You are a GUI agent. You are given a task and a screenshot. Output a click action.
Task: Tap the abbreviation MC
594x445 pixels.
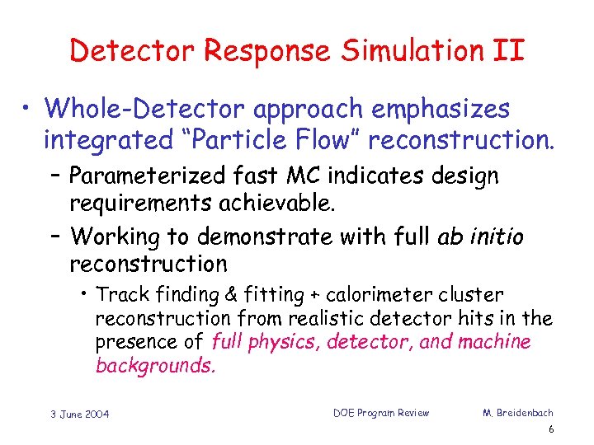point(320,176)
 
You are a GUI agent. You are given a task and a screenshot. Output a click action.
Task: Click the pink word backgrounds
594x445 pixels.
point(155,365)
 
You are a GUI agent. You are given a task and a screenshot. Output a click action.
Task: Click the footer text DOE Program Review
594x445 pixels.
point(381,413)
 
